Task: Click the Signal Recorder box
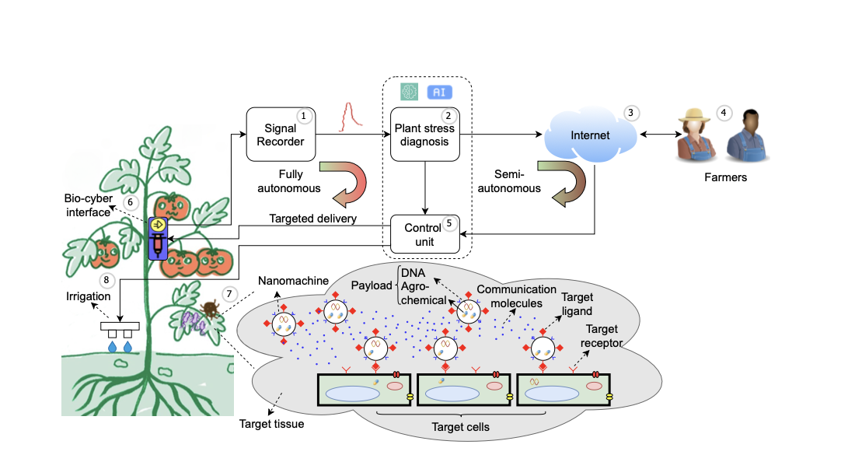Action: (280, 135)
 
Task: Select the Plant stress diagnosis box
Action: (424, 135)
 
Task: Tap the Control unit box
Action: (424, 234)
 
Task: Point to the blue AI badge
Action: (439, 92)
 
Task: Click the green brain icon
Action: (410, 92)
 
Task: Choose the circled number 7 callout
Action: (229, 294)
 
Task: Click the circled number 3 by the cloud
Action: (631, 113)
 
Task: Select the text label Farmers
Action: (725, 177)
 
